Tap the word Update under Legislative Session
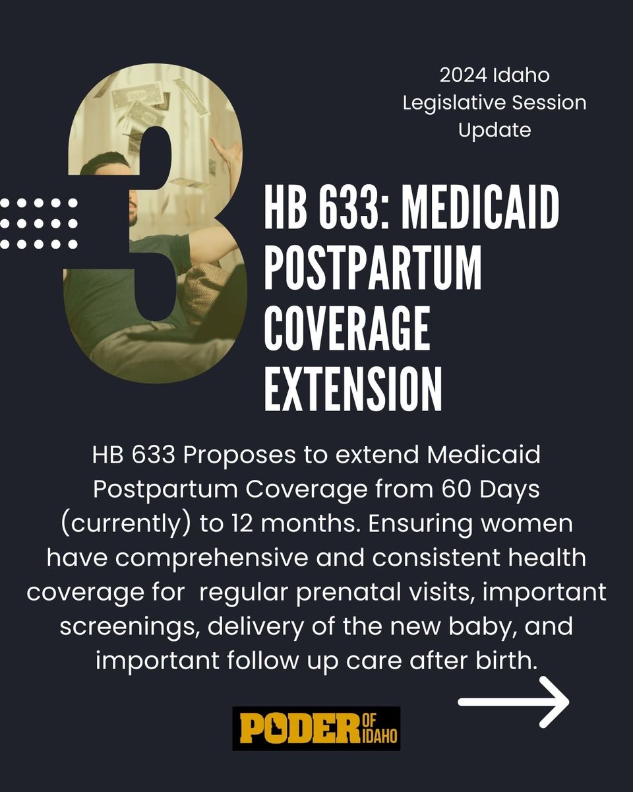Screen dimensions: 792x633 tap(495, 130)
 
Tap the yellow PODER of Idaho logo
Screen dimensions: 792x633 tap(316, 728)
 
